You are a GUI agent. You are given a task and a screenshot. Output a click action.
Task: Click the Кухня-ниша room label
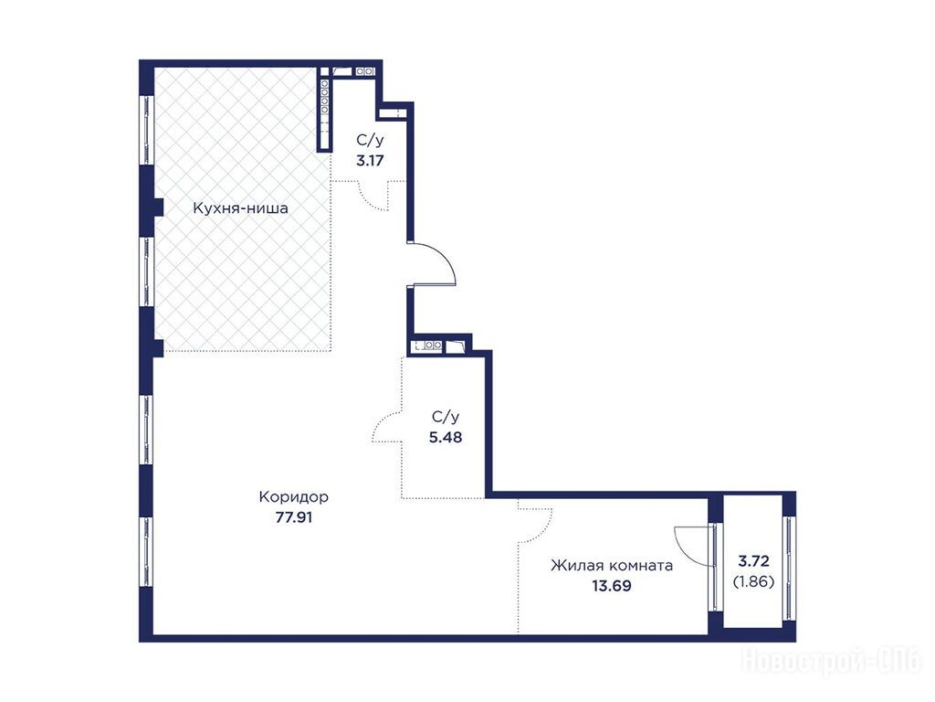240,208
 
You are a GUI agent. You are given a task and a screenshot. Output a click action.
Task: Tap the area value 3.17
370,160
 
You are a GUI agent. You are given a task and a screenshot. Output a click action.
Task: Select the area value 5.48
446,437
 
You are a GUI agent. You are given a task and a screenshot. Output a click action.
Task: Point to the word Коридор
293,496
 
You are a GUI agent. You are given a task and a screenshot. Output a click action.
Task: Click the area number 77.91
293,517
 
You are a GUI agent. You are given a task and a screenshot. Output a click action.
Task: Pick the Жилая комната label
612,565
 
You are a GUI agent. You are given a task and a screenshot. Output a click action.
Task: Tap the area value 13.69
612,586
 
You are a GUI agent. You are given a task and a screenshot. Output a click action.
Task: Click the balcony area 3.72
753,561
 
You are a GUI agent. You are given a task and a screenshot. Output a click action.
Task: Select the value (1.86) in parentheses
753,580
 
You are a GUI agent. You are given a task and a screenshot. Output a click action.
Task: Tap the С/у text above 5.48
446,417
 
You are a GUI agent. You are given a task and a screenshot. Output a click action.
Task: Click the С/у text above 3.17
370,140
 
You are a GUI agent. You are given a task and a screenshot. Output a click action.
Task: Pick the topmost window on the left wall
147,130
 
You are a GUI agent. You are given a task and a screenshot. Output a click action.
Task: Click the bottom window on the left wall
147,551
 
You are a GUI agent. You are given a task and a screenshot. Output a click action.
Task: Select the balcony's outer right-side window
790,569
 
